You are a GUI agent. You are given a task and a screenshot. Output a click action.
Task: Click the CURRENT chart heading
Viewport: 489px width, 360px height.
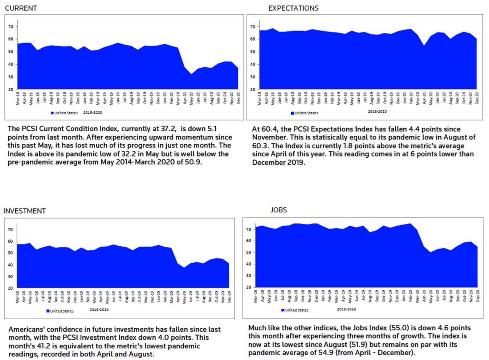21,8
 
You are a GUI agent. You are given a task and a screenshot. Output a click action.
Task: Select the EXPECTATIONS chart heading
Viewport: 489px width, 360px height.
293,8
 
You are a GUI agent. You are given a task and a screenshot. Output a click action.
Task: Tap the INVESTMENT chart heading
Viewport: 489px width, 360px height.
24,211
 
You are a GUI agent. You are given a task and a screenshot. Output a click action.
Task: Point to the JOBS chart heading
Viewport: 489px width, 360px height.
278,210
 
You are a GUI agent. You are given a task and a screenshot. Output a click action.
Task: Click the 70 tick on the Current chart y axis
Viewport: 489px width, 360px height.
11,27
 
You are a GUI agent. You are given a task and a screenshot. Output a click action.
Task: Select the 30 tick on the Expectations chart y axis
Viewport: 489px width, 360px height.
253,77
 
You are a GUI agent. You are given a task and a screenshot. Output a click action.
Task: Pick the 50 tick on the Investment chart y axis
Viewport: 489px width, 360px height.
10,253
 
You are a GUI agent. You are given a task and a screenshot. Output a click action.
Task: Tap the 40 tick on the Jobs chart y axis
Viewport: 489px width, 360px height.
249,264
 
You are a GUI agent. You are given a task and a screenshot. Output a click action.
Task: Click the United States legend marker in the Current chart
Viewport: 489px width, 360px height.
52,113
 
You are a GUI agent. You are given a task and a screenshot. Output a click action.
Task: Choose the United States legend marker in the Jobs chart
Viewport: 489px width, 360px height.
283,310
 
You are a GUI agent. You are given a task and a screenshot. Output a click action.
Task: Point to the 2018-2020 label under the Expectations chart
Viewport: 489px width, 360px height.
377,112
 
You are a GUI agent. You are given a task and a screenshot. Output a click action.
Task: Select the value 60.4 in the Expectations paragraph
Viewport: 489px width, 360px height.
267,129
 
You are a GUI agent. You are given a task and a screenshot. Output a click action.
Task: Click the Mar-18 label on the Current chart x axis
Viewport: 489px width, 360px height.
18,98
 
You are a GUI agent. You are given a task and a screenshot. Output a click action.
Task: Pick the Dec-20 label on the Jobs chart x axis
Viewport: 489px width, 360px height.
478,296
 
